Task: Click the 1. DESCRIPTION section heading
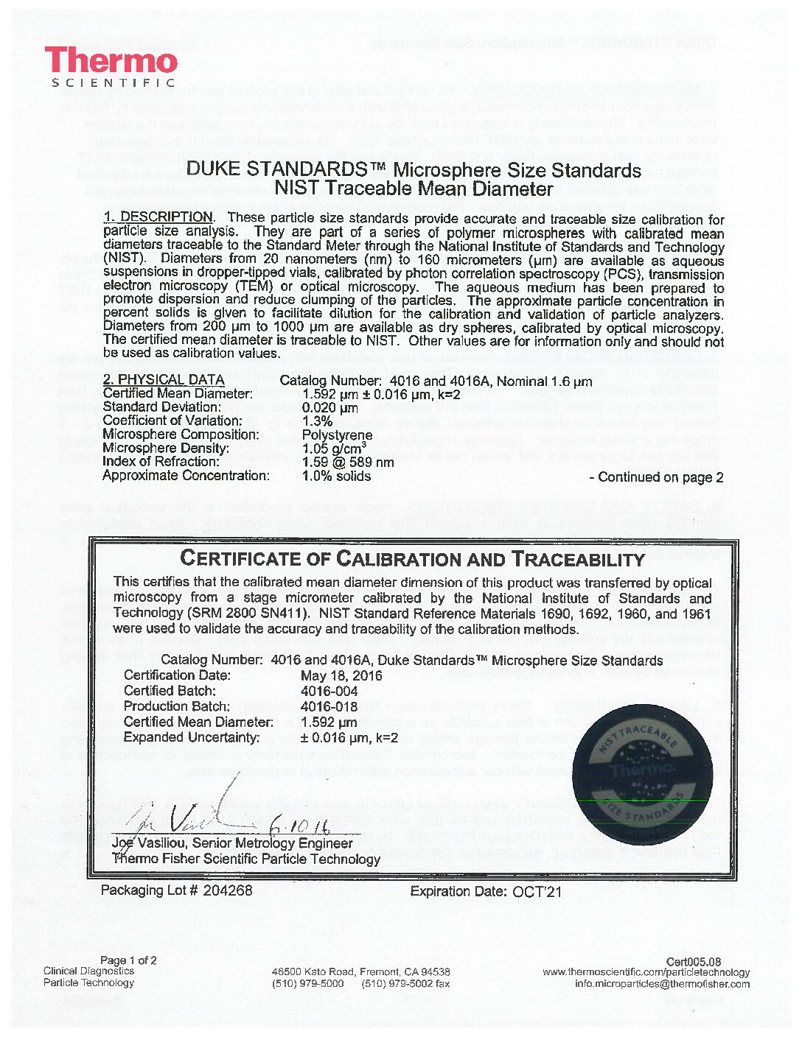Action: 158,217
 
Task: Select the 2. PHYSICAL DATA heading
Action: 164,379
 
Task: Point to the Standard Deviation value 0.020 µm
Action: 330,407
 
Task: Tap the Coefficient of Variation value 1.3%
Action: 318,421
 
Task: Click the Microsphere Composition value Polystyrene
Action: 337,435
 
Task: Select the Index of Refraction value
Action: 348,462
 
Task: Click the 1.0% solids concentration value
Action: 337,476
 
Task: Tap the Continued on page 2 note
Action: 656,477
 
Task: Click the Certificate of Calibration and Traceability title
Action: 412,558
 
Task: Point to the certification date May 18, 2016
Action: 341,675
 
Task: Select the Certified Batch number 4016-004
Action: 329,691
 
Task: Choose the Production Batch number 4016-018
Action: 329,706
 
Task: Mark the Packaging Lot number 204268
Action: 227,890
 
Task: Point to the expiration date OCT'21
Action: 537,891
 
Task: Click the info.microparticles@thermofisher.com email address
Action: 662,983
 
